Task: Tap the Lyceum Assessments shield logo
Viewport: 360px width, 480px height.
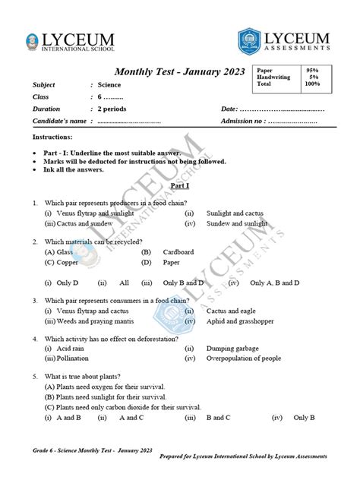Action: coord(252,42)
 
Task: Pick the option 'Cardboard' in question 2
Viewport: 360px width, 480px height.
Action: coord(178,251)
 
